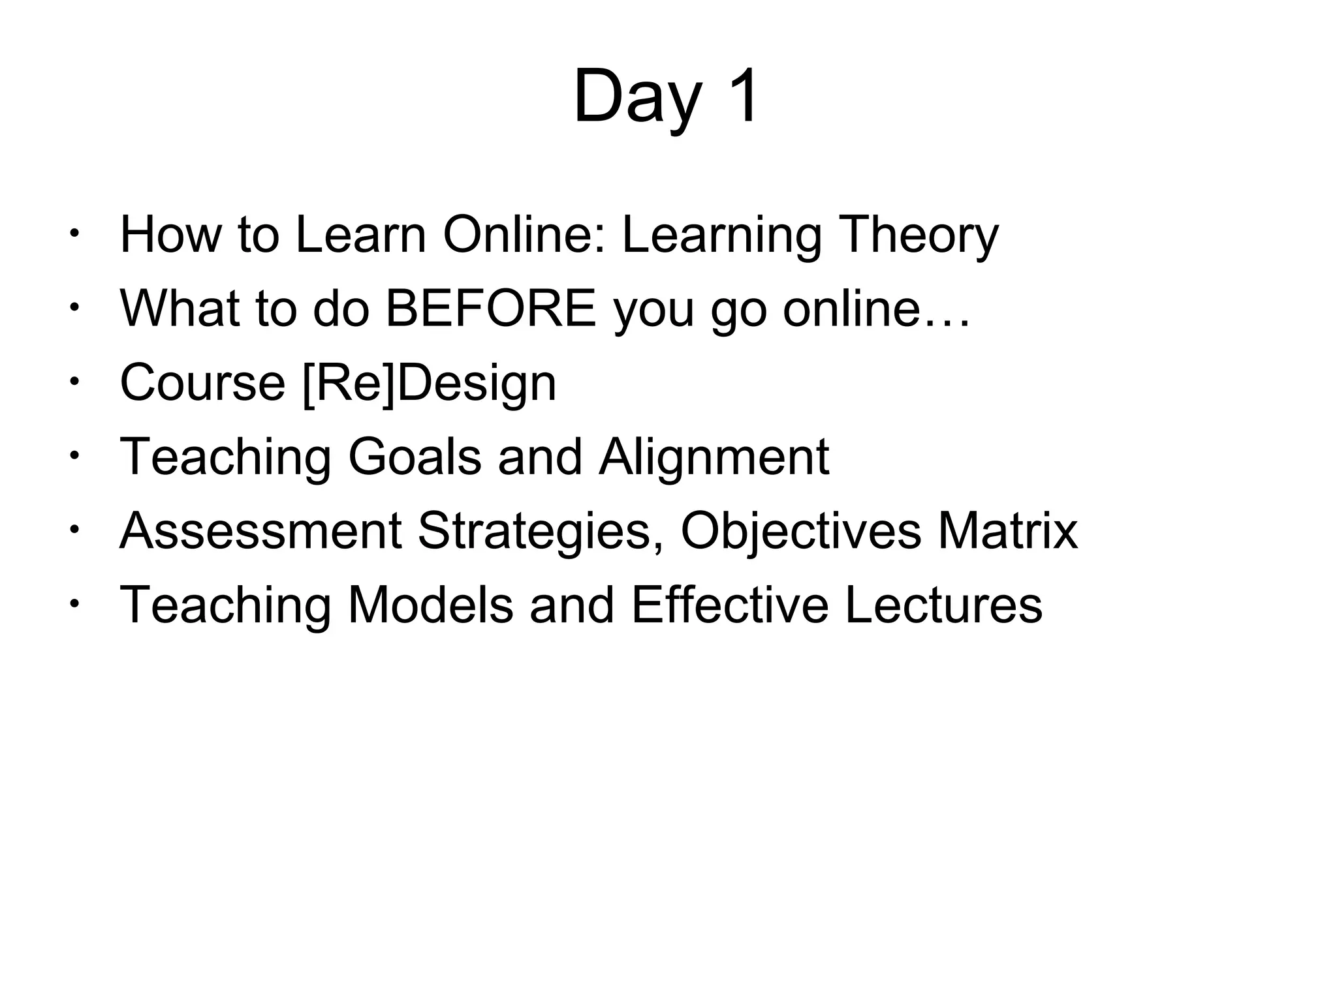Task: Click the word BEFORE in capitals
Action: (x=490, y=309)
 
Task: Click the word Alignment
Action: (x=714, y=457)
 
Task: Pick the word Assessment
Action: (x=260, y=531)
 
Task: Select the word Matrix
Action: (x=1007, y=531)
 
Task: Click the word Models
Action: (x=430, y=605)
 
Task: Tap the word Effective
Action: (x=729, y=605)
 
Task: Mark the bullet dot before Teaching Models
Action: (x=76, y=603)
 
